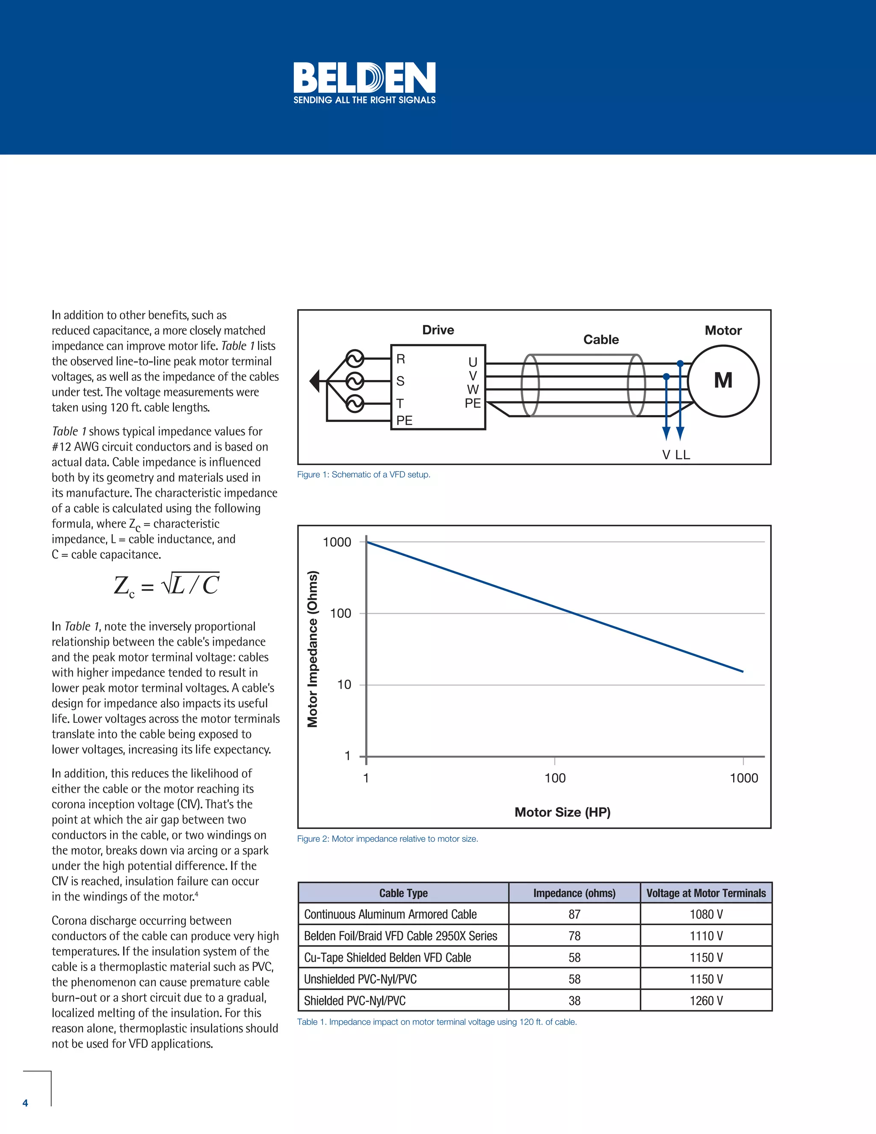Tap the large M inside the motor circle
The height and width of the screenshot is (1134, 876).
pos(723,380)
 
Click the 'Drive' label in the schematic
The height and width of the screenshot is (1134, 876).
pos(438,330)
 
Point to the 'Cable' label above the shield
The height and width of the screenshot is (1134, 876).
pos(601,340)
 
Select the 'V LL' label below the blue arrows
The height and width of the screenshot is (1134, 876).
pos(676,455)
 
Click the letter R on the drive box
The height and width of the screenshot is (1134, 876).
pos(401,359)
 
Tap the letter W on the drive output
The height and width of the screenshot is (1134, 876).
pos(472,389)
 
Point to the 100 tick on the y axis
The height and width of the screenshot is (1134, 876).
pos(340,613)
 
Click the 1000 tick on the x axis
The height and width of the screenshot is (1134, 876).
pos(744,778)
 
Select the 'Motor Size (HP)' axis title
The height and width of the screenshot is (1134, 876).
pos(562,812)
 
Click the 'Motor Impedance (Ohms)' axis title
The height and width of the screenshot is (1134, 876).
pos(312,649)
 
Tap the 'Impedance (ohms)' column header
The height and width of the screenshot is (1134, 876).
pos(574,893)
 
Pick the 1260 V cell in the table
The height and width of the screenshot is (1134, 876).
pos(706,1000)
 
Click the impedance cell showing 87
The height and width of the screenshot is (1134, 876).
pos(574,914)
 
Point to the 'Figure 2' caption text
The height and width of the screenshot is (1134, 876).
pos(387,839)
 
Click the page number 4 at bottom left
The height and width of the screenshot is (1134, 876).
pos(25,1103)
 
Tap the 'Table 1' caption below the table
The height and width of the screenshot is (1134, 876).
pos(436,1022)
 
